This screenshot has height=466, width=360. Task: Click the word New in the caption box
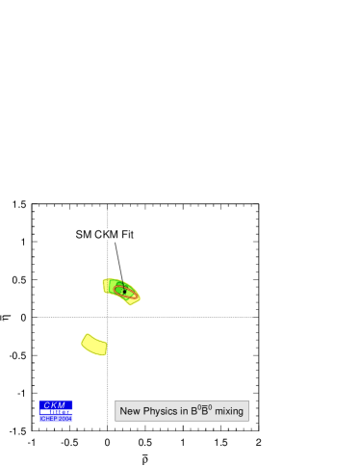(x=130, y=411)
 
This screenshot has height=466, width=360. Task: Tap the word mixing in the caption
(x=229, y=411)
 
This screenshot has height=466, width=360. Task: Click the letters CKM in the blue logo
(x=55, y=405)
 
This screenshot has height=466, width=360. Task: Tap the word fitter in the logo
(x=63, y=412)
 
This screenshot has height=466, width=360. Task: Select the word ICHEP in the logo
(x=48, y=419)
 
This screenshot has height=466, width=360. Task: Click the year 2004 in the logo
(x=64, y=419)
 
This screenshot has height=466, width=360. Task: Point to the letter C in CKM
(x=46, y=405)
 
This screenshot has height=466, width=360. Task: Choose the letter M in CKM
(x=63, y=405)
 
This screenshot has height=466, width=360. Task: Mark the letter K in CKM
(x=54, y=405)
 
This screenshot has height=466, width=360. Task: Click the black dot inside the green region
(x=124, y=289)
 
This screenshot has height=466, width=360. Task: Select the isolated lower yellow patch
(x=94, y=344)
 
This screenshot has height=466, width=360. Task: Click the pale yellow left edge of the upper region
(x=105, y=286)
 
